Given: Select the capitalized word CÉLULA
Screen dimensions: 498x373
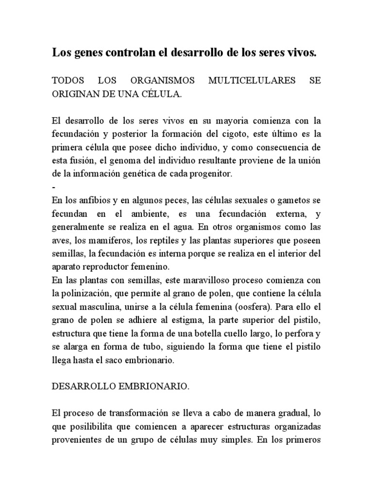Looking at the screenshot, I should click(163, 94).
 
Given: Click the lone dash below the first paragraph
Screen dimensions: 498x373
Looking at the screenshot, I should click(53, 187).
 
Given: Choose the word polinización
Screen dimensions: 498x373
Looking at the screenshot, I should click(86, 294).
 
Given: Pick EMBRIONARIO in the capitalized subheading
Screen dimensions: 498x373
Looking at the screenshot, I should click(148, 387).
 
